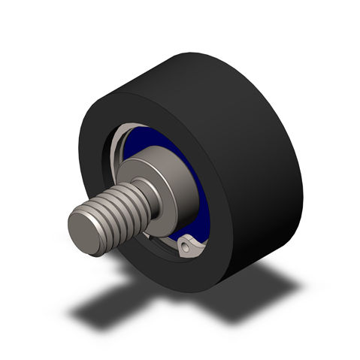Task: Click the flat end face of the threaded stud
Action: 87,231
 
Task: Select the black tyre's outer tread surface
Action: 248,120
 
